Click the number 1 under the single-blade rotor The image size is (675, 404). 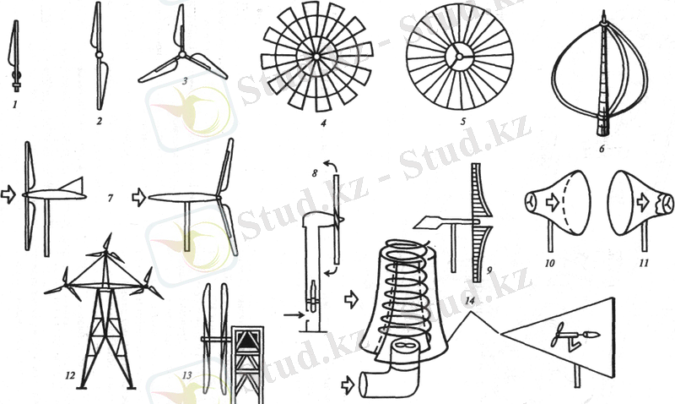[x=14, y=104]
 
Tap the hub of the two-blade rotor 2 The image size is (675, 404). [x=99, y=55]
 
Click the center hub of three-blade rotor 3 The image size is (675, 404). [x=182, y=55]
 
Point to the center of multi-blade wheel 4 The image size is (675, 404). [x=316, y=57]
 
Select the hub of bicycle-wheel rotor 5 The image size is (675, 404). [x=459, y=57]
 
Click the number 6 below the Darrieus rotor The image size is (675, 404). [x=602, y=150]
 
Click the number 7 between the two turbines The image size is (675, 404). [x=111, y=199]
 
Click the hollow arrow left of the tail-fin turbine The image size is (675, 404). [x=8, y=194]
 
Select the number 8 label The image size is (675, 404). [x=315, y=173]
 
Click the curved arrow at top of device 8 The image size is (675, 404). [x=330, y=165]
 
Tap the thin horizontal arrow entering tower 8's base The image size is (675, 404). [x=294, y=315]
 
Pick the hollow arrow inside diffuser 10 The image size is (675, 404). [x=553, y=202]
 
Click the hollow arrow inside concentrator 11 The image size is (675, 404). [x=643, y=201]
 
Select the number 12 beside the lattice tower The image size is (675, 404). [x=70, y=375]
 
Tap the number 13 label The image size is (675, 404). [x=186, y=375]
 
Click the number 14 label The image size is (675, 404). [x=470, y=301]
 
